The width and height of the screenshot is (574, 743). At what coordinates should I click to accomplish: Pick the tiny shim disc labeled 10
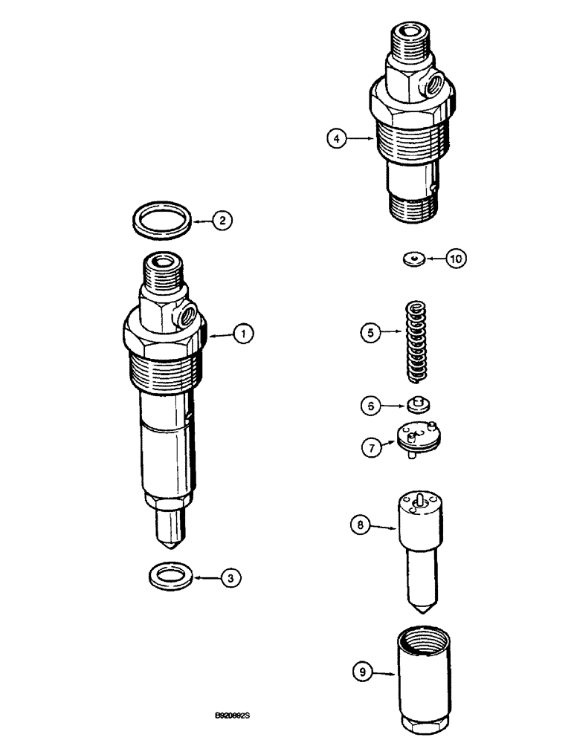(413, 259)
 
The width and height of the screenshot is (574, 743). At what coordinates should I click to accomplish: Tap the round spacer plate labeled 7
(416, 440)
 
